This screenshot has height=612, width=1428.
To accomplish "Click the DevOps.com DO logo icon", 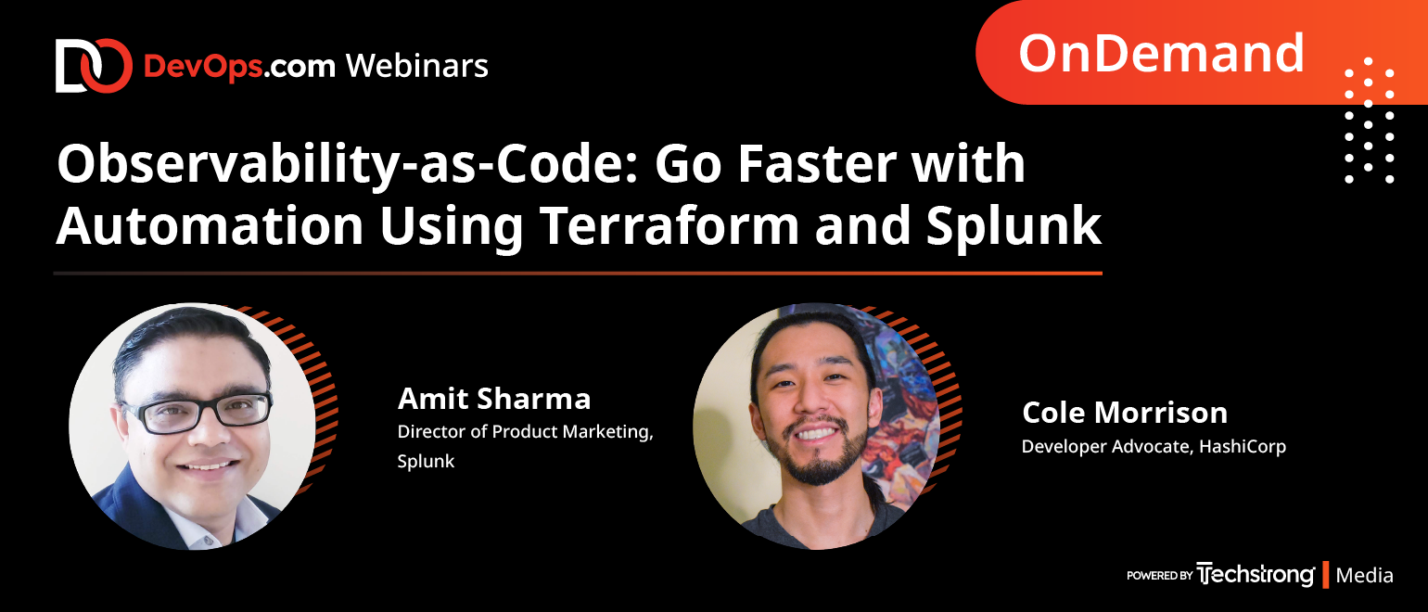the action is pyautogui.click(x=94, y=66).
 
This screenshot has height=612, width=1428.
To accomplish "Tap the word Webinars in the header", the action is pyautogui.click(x=417, y=66).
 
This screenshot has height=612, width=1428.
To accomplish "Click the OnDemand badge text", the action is pyautogui.click(x=1162, y=53).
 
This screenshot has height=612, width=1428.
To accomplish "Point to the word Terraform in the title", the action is pyautogui.click(x=669, y=225).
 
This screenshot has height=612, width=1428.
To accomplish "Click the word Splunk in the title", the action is pyautogui.click(x=1014, y=226).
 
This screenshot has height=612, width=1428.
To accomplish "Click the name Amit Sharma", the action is pyautogui.click(x=494, y=399).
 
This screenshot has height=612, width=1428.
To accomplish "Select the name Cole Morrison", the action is pyautogui.click(x=1125, y=413).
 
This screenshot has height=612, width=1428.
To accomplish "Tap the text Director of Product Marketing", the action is pyautogui.click(x=525, y=432).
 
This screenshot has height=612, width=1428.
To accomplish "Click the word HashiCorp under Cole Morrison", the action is pyautogui.click(x=1243, y=446).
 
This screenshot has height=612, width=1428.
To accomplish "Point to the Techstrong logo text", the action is pyautogui.click(x=1255, y=574).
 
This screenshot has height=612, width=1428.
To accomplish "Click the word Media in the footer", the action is pyautogui.click(x=1364, y=576).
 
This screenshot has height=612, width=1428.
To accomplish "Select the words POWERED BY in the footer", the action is pyautogui.click(x=1159, y=576).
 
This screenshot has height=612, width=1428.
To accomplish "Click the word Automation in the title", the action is pyautogui.click(x=210, y=225).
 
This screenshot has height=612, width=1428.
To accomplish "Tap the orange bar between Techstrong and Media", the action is pyautogui.click(x=1325, y=574).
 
